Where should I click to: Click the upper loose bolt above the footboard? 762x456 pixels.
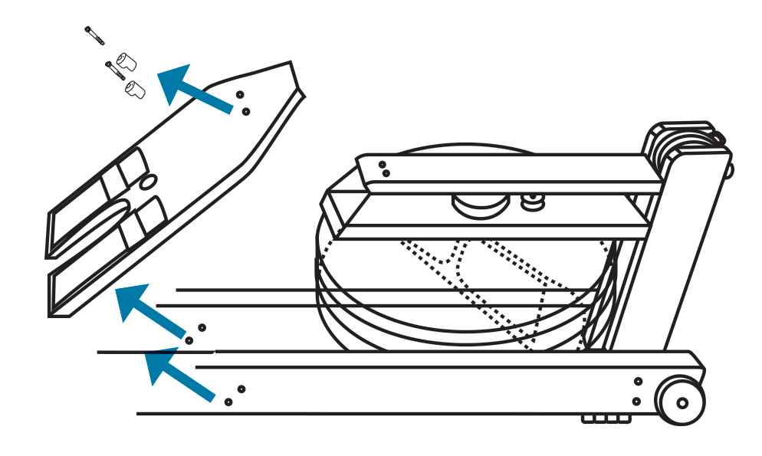tap(94, 35)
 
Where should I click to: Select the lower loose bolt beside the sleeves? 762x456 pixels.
tap(114, 71)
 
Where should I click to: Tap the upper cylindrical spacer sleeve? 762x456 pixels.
tap(126, 62)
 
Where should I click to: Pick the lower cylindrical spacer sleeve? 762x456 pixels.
tap(136, 89)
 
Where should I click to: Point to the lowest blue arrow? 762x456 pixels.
tap(179, 376)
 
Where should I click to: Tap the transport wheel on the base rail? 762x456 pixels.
tap(681, 401)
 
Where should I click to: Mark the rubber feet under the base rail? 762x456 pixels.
tap(606, 419)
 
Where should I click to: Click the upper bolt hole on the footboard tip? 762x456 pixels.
tap(240, 94)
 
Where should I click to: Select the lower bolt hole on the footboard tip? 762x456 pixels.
tap(245, 111)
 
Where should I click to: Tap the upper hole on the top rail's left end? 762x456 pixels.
tap(382, 164)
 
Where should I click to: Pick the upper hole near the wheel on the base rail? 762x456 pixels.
tap(638, 381)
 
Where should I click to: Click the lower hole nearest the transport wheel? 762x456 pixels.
tap(636, 401)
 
